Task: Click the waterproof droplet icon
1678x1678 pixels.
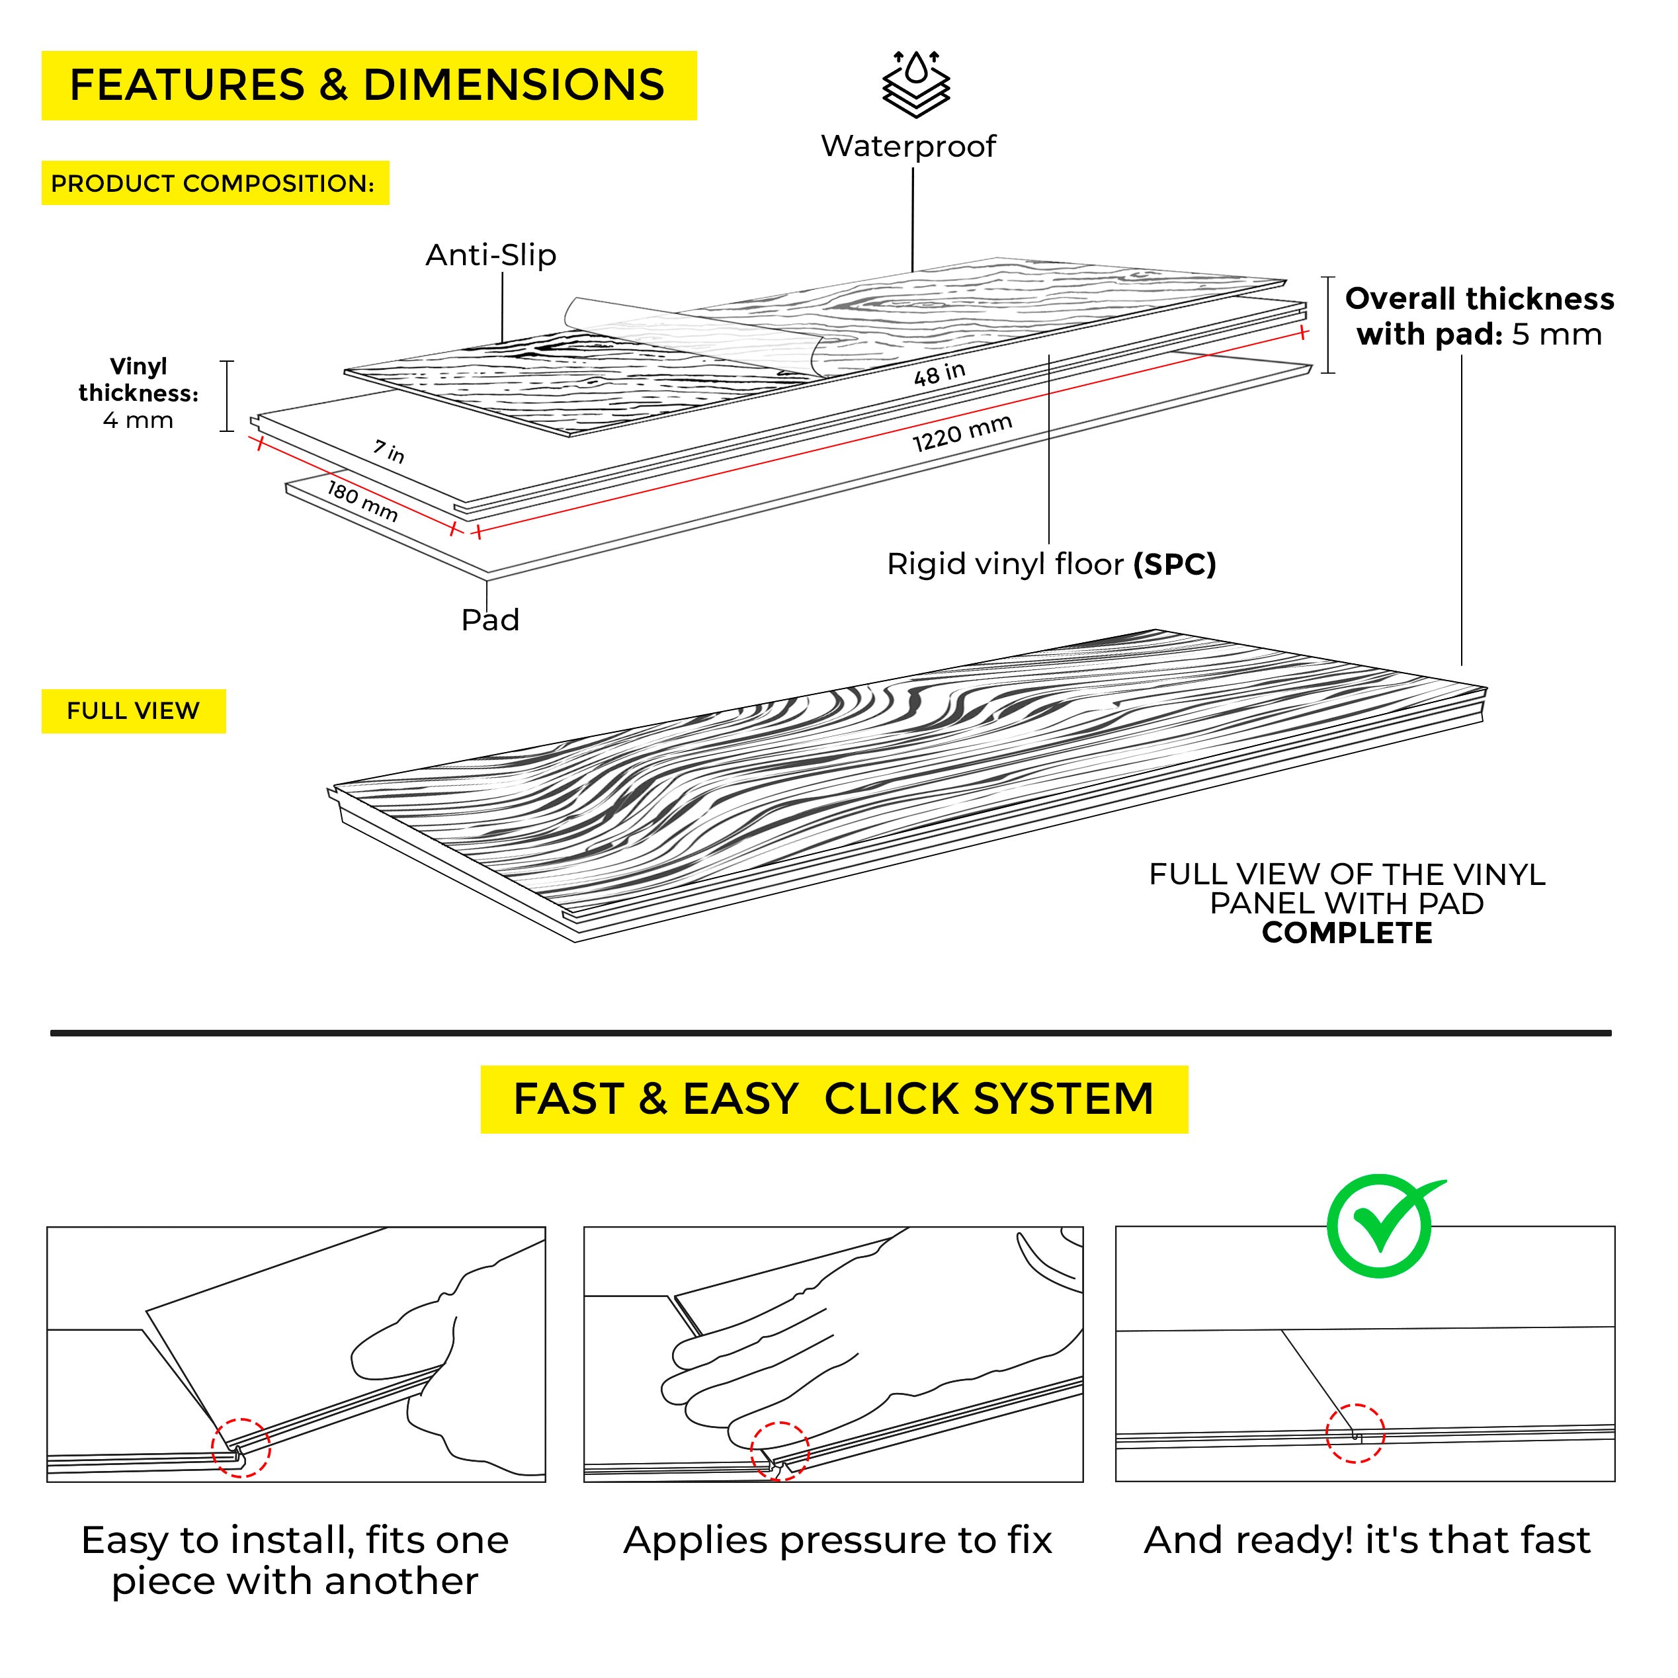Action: point(915,83)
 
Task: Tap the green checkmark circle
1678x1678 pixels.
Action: point(1379,1226)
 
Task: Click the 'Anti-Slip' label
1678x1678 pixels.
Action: point(491,255)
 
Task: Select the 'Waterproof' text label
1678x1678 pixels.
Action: point(909,146)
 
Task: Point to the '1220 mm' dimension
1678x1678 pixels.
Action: point(962,433)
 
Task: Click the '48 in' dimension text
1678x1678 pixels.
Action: point(939,374)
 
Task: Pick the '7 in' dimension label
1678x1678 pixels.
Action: point(389,452)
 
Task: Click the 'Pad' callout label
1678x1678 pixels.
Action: point(490,620)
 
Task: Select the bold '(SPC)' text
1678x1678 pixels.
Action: point(1174,566)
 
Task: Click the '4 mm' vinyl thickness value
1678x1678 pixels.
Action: point(138,421)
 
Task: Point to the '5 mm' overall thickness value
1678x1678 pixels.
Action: point(1556,335)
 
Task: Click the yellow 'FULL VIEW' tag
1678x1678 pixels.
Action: point(134,711)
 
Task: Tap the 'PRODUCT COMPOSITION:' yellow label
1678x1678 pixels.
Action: point(214,183)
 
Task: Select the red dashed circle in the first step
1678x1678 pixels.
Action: point(241,1448)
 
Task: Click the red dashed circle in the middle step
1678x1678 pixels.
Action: point(780,1451)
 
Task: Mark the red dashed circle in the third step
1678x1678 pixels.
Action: point(1355,1434)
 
